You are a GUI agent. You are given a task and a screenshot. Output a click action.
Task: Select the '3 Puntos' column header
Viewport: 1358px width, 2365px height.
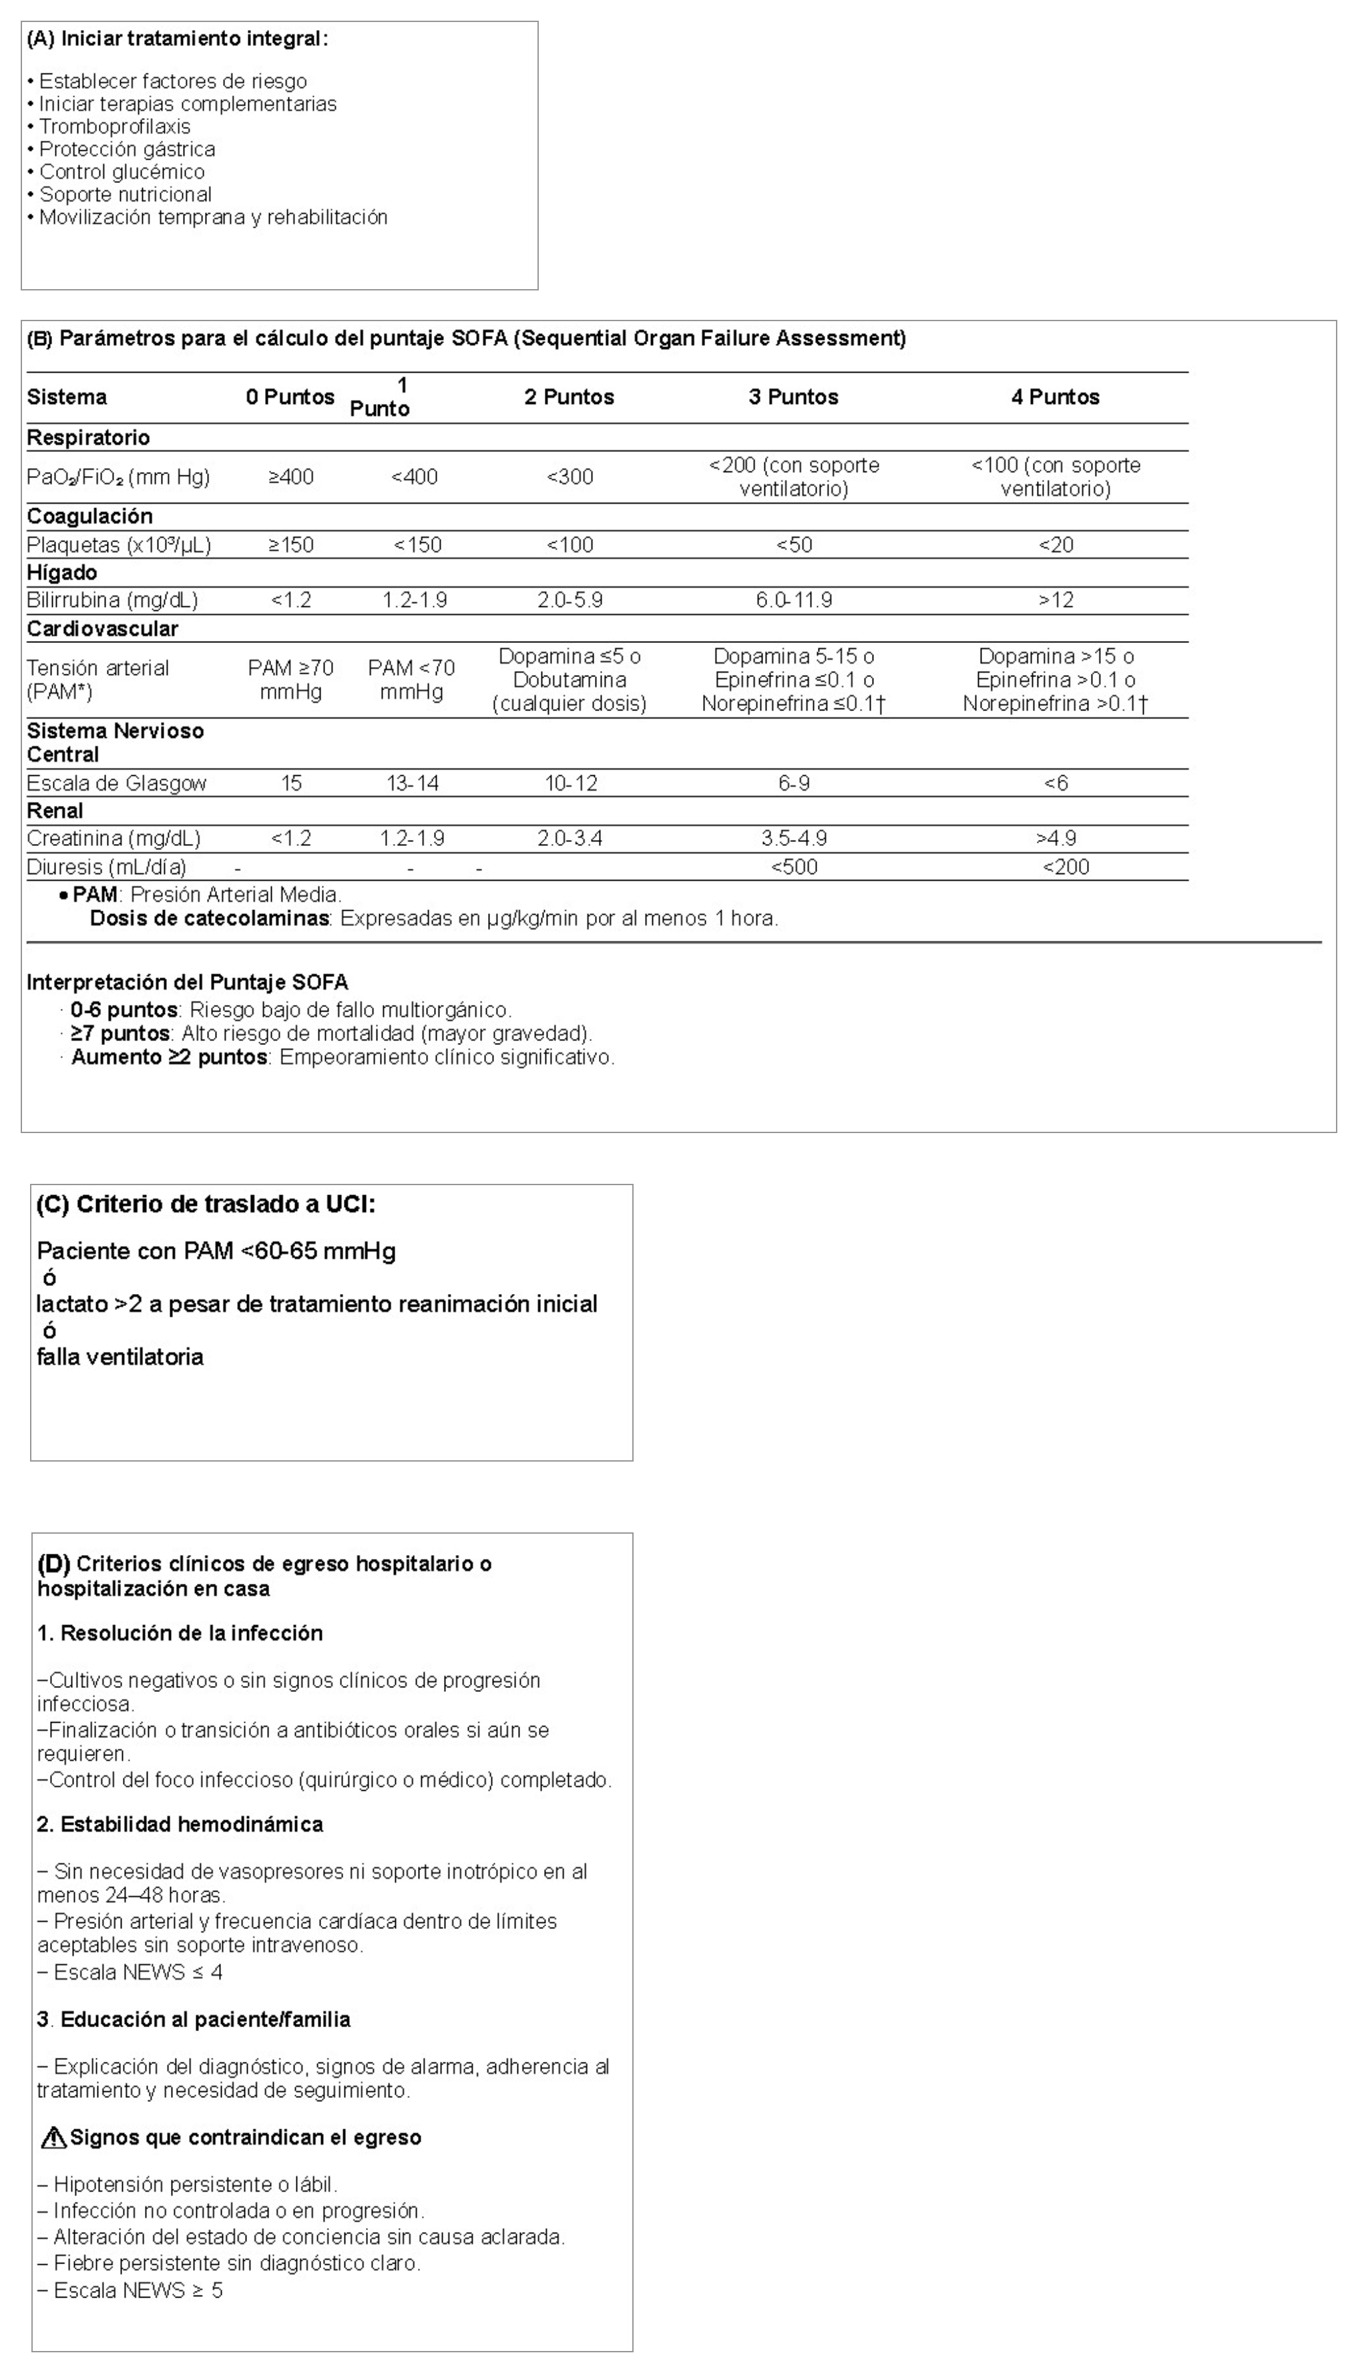[793, 397]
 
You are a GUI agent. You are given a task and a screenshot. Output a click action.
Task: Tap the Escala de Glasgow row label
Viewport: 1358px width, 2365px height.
[117, 783]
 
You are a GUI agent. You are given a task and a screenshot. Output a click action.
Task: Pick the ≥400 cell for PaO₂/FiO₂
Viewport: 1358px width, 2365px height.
[291, 477]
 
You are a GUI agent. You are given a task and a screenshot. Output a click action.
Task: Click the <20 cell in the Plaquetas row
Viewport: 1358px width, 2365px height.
[1056, 546]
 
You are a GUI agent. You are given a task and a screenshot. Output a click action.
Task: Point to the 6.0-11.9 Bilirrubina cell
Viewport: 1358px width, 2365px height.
[794, 600]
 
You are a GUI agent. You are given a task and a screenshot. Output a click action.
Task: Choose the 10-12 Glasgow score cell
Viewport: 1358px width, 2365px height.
[571, 783]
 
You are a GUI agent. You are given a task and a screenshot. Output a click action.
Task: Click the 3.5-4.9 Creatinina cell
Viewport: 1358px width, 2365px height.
[794, 839]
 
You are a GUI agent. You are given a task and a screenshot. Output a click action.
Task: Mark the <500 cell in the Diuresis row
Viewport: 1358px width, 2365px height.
[794, 867]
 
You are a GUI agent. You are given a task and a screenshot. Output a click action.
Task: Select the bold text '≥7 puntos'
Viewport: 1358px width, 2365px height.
[120, 1034]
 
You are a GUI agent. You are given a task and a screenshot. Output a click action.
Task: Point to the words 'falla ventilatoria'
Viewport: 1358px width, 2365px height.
[120, 1357]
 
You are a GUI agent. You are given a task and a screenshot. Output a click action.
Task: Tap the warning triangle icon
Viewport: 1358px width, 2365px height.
[53, 2137]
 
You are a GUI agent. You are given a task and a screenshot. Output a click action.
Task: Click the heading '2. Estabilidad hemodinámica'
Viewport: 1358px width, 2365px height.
[180, 1824]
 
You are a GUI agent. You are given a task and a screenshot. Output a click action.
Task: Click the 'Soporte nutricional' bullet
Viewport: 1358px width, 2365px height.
[125, 195]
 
